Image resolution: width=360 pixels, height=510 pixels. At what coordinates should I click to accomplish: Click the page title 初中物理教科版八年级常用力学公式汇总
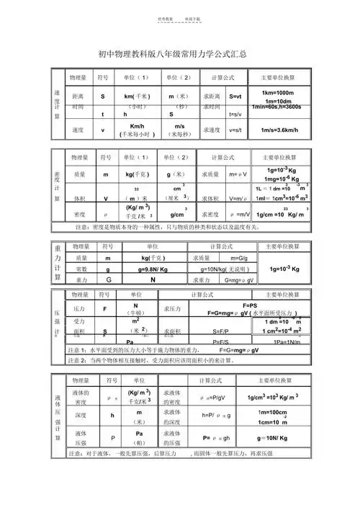(179, 53)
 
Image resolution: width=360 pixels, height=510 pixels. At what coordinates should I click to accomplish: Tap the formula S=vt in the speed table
(235, 96)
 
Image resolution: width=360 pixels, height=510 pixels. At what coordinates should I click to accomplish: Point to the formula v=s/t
(235, 130)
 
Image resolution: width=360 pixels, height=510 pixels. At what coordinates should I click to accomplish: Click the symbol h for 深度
(112, 415)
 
